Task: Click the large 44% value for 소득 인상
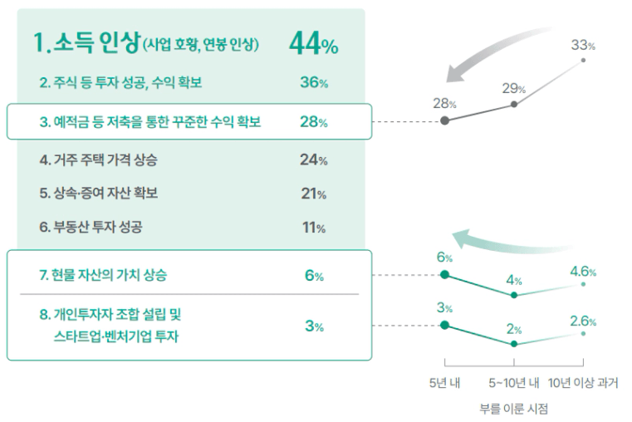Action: click(x=313, y=45)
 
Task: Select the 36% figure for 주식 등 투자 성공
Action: click(x=313, y=83)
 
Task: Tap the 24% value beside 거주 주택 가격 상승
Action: click(x=313, y=160)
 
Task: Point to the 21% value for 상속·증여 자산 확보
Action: click(x=313, y=194)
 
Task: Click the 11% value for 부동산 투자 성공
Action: click(x=313, y=227)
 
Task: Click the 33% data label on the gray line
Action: click(x=583, y=44)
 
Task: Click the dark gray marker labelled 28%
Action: click(x=445, y=120)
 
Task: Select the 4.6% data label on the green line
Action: click(x=583, y=271)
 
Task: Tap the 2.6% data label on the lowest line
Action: click(x=583, y=321)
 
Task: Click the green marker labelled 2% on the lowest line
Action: click(x=515, y=343)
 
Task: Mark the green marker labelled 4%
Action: click(x=515, y=295)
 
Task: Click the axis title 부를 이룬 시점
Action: click(x=514, y=409)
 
